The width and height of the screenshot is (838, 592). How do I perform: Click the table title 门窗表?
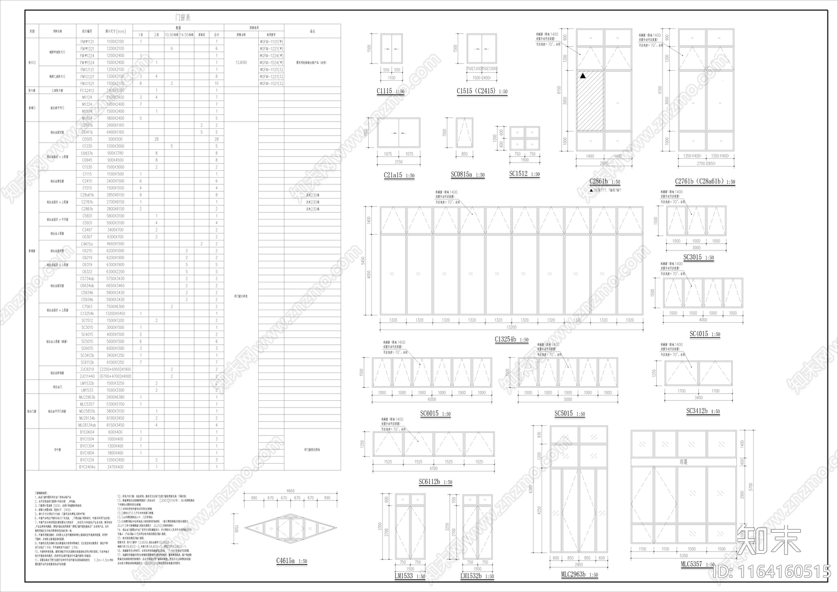click(183, 17)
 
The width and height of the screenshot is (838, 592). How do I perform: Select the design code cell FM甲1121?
click(87, 41)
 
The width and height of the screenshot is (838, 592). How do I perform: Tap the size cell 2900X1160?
click(115, 125)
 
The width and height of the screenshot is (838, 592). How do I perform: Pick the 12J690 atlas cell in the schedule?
click(241, 62)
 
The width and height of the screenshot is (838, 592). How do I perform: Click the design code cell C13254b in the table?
click(87, 313)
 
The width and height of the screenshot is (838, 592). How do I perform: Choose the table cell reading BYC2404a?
click(87, 467)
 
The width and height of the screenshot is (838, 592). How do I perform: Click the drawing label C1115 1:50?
click(390, 92)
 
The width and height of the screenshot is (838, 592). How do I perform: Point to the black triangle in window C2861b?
click(582, 76)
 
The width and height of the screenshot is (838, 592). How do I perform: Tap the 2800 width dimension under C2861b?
click(604, 163)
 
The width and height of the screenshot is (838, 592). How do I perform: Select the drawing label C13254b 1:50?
click(511, 339)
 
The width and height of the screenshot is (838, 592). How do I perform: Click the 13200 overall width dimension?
click(511, 327)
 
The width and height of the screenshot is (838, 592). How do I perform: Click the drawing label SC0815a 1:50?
click(468, 175)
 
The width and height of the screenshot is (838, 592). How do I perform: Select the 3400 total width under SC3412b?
click(699, 398)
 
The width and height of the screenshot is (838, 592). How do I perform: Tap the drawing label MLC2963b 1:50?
click(579, 575)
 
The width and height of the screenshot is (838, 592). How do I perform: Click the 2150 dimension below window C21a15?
click(399, 162)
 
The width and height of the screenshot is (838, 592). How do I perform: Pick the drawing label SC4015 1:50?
click(704, 334)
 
